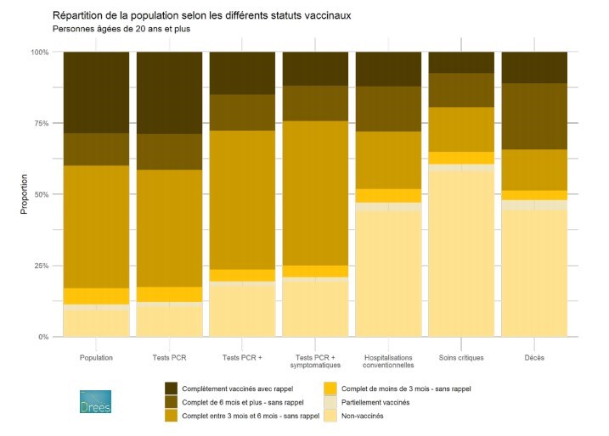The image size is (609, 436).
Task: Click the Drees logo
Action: click(x=94, y=402)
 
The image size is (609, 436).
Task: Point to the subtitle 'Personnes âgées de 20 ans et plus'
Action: click(x=121, y=29)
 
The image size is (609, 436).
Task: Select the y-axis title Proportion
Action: click(x=25, y=194)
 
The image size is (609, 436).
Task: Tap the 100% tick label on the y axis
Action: click(x=40, y=53)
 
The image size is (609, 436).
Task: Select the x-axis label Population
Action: click(x=95, y=358)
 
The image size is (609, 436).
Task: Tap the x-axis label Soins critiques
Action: click(x=460, y=358)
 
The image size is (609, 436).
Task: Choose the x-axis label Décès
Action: click(x=533, y=358)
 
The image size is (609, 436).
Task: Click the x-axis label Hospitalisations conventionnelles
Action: click(x=387, y=362)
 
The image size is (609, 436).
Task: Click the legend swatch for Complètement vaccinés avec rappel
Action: click(x=172, y=388)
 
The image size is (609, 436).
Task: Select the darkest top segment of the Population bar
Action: click(x=95, y=92)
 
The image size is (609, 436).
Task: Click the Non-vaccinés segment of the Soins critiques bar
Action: click(x=460, y=254)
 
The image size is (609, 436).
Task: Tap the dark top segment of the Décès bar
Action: click(x=533, y=67)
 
